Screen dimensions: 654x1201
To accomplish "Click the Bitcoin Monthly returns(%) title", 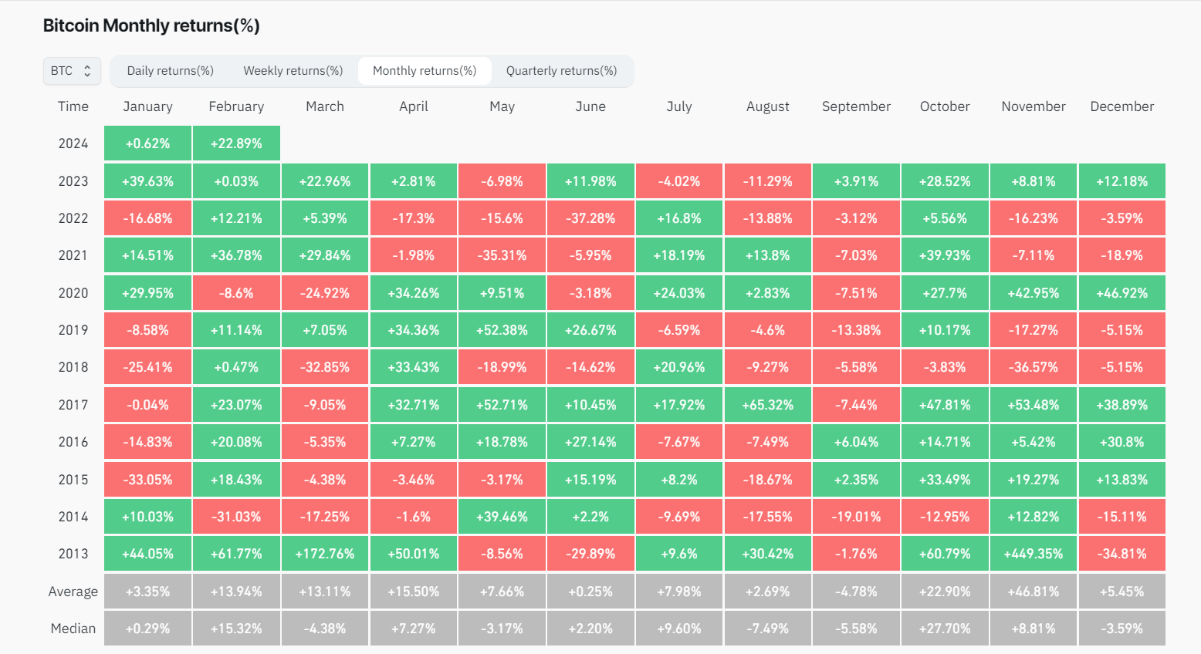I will [x=151, y=25].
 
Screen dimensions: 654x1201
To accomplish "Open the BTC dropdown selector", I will [x=72, y=71].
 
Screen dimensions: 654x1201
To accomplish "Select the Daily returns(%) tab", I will [x=170, y=71].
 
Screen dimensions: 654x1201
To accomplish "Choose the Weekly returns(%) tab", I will [x=293, y=71].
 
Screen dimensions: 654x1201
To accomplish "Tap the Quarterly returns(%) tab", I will [x=561, y=71].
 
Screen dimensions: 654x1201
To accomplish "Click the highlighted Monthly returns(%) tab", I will [x=425, y=71].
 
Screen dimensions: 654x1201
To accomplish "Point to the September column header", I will [x=856, y=106].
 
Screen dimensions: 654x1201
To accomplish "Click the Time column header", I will [x=73, y=106].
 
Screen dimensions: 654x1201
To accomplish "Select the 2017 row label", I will [x=73, y=405].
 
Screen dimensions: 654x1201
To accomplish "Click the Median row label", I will [x=73, y=629].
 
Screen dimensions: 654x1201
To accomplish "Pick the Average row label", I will [x=73, y=592].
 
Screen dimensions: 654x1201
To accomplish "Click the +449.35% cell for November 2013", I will [x=1033, y=554].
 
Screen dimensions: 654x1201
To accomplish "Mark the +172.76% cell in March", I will [x=325, y=554].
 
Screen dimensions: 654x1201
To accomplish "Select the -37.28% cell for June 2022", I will [x=590, y=218].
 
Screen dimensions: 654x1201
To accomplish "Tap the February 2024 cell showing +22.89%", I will [x=236, y=143].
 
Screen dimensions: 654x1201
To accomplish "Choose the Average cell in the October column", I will [x=945, y=592].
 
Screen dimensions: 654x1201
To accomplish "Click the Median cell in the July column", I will [x=679, y=629].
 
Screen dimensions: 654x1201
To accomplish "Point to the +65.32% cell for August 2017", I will [x=767, y=405].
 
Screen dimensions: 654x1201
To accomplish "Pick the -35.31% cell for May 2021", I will [x=502, y=255].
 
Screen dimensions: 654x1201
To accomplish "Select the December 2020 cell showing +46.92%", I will [x=1121, y=293].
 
